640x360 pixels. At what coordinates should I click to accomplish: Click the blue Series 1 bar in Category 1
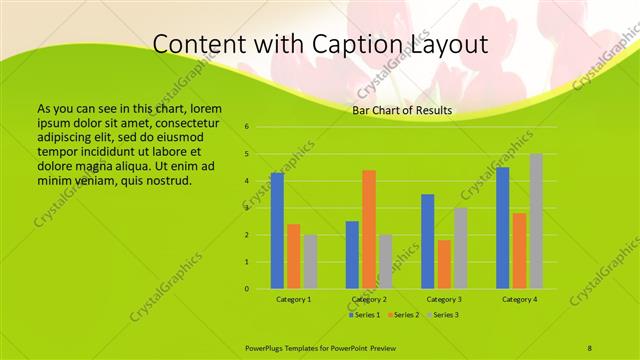coord(277,231)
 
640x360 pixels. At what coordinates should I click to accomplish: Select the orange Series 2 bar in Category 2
coord(369,230)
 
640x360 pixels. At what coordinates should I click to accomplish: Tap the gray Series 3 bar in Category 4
coord(536,221)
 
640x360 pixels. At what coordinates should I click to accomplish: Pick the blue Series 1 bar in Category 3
coord(428,242)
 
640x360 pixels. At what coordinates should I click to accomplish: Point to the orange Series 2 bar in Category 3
coord(444,264)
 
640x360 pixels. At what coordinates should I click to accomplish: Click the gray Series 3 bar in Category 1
coord(310,262)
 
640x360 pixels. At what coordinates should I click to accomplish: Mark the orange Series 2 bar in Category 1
coord(293,257)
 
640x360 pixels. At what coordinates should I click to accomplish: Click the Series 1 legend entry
coord(363,315)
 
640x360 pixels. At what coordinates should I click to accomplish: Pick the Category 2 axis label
coord(369,299)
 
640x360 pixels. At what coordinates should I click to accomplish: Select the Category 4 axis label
coord(520,299)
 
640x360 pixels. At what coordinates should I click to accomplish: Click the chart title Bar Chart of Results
coord(402,110)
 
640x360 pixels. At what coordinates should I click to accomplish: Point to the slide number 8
coord(590,347)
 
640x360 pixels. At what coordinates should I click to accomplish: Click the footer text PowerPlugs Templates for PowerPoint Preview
coord(327,347)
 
